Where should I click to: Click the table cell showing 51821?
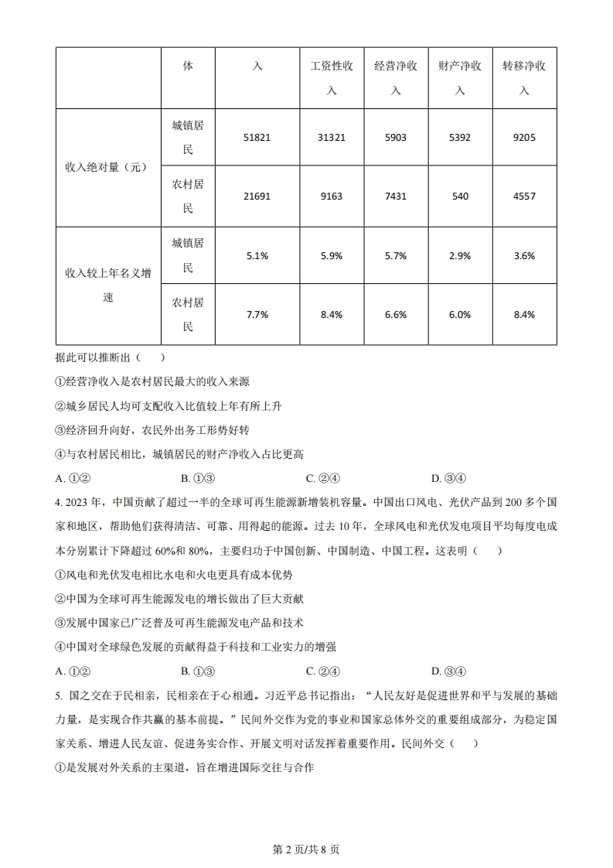tap(257, 137)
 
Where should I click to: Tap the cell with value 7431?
tap(395, 196)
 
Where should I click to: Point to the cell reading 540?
tap(459, 196)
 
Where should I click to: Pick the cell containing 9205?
tap(523, 137)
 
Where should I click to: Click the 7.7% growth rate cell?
tap(257, 315)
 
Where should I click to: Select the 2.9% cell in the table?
tap(459, 256)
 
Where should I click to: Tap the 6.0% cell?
tap(459, 315)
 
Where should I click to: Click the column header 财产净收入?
tap(459, 77)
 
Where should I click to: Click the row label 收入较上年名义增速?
tap(107, 285)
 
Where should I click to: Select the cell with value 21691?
tap(257, 196)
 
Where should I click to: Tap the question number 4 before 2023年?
tap(59, 501)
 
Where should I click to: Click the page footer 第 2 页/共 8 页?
tap(307, 849)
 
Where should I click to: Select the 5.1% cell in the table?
tap(257, 256)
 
